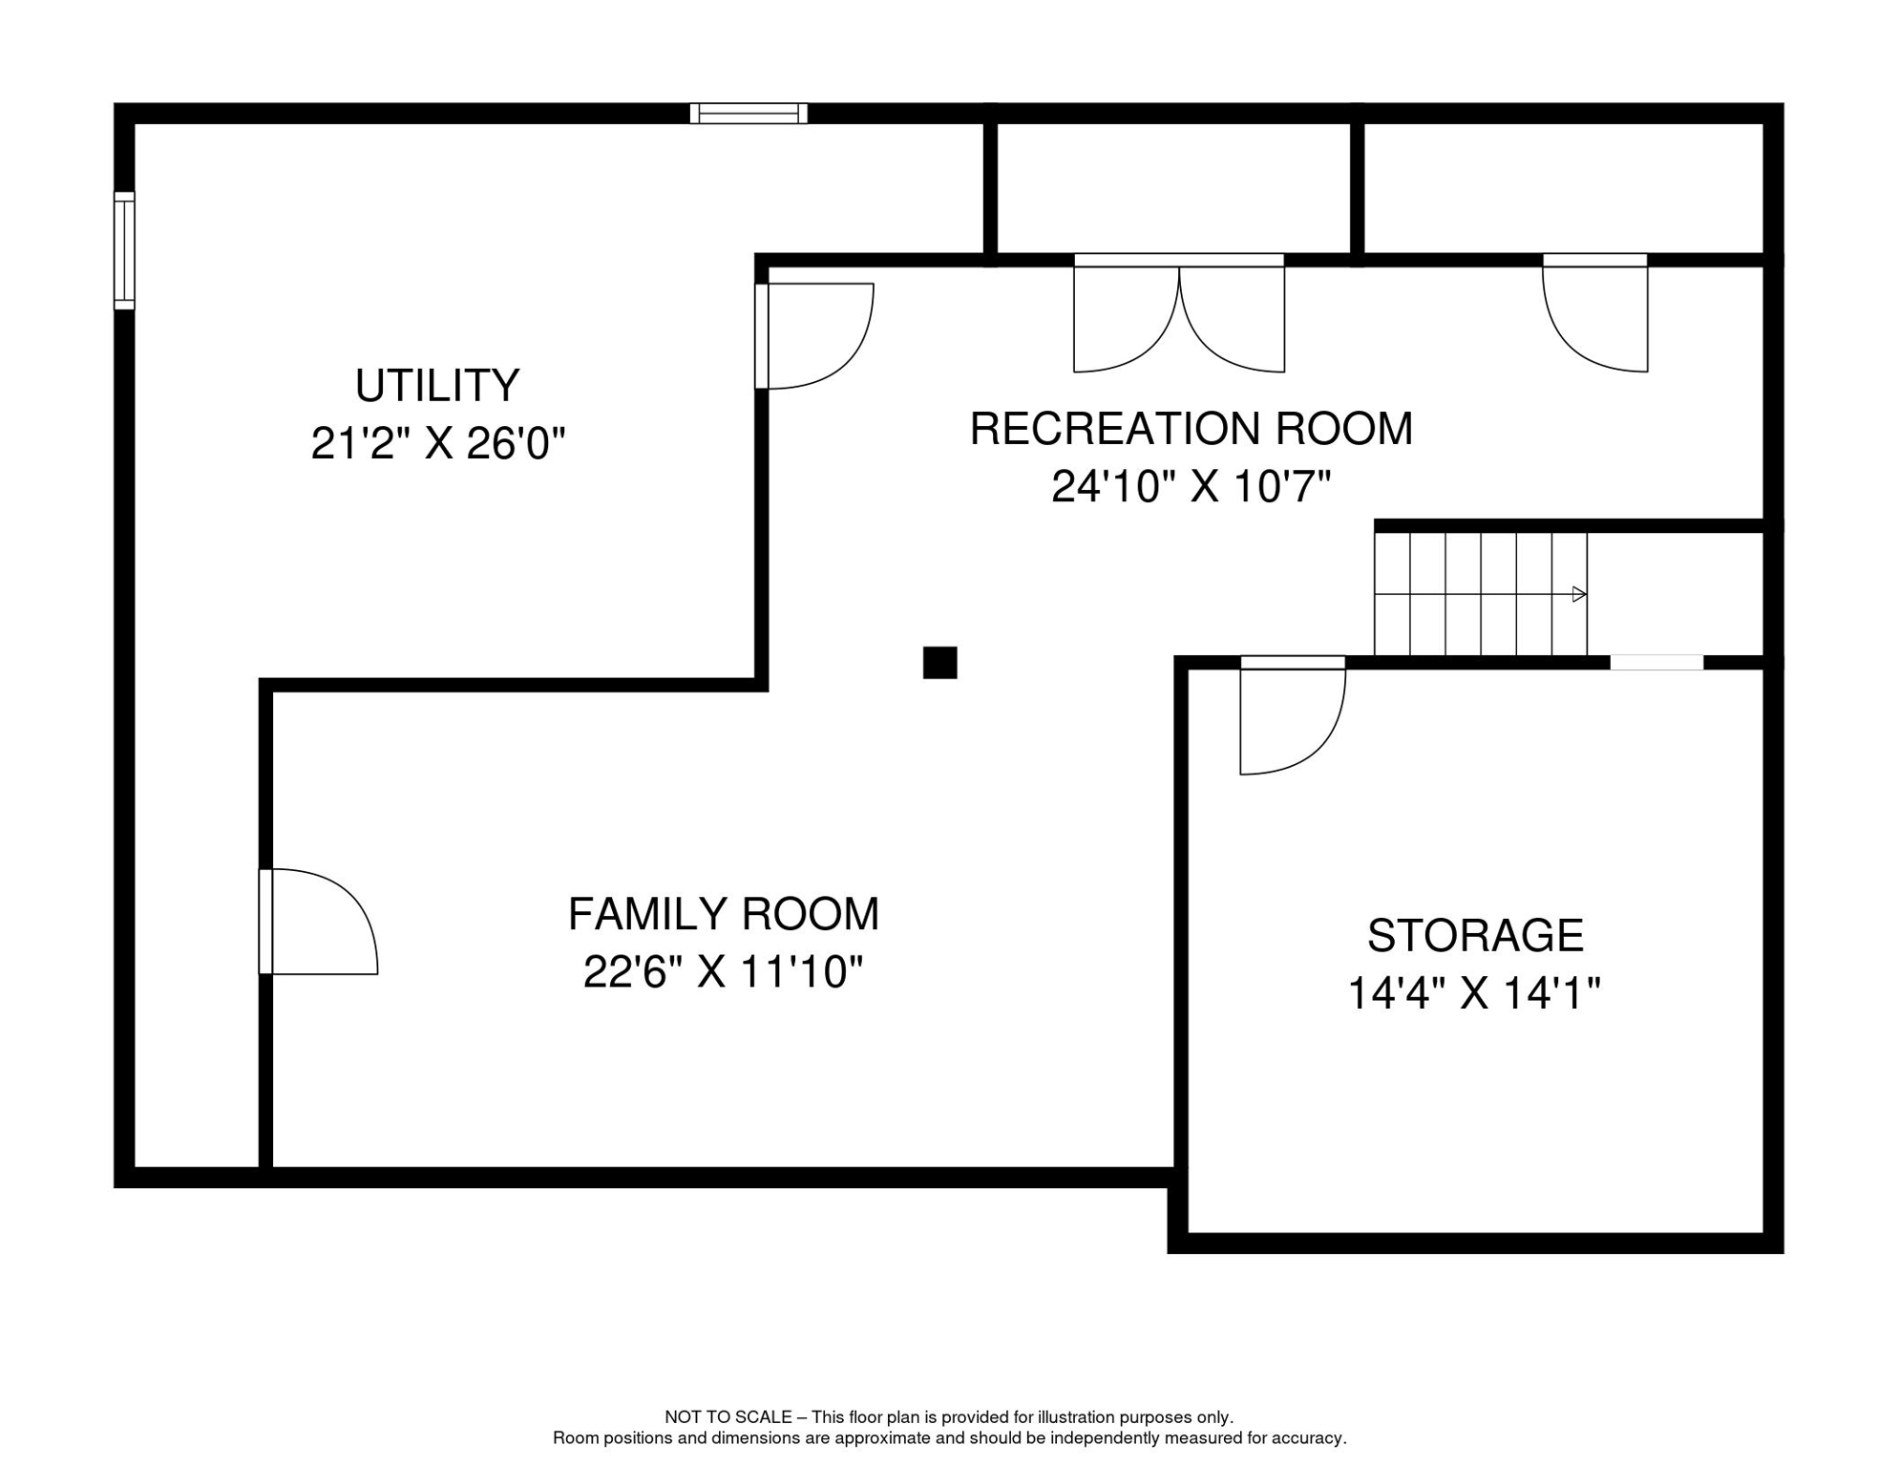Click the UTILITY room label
(x=437, y=386)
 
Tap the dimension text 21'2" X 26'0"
(x=438, y=443)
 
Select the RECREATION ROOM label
(x=1192, y=429)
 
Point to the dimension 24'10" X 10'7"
(x=1192, y=487)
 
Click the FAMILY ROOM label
(x=724, y=914)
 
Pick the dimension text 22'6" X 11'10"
(x=724, y=973)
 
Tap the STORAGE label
(x=1475, y=936)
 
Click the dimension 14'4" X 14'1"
(x=1474, y=993)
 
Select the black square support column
(x=940, y=663)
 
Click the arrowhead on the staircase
(x=1579, y=594)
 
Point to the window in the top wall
(x=749, y=114)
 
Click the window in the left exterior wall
(x=125, y=250)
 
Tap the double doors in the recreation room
(x=1179, y=313)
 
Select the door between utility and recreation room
(x=813, y=336)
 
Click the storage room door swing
(x=1293, y=715)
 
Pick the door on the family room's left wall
(x=318, y=922)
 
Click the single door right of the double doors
(x=1595, y=313)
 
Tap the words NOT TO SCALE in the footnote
(x=728, y=1417)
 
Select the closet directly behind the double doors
(x=1173, y=188)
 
